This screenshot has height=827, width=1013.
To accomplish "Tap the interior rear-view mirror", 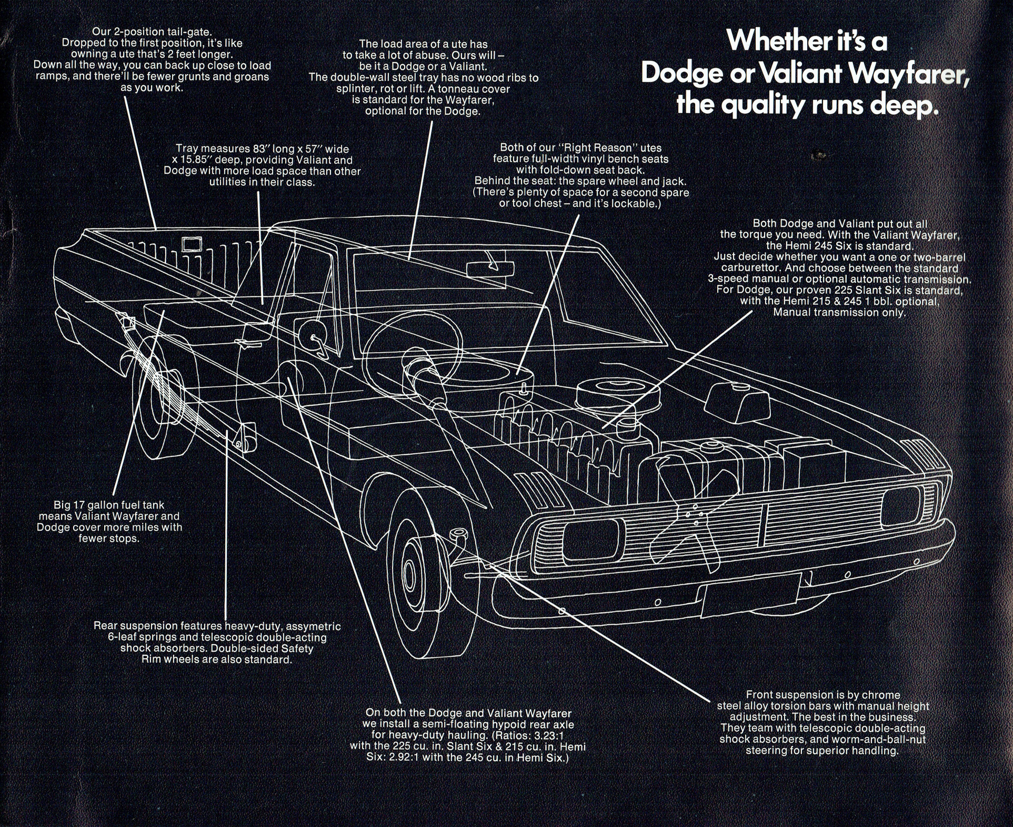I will pos(488,268).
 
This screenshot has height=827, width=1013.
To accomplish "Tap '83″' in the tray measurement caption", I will pos(258,149).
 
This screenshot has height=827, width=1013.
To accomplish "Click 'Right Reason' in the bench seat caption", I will pos(601,148).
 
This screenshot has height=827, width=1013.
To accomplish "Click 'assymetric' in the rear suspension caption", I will pos(313,626).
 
